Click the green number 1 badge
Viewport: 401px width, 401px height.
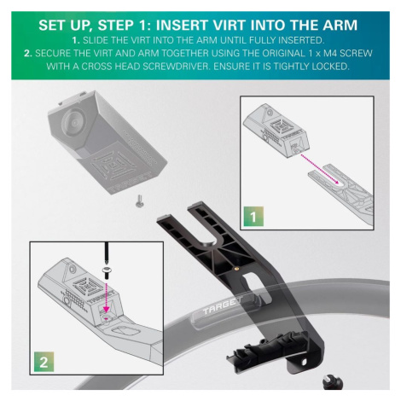click(x=253, y=217)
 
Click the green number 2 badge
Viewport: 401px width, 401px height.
click(x=44, y=362)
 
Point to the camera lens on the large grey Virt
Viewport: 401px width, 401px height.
click(x=73, y=122)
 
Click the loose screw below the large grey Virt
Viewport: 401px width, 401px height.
click(x=139, y=200)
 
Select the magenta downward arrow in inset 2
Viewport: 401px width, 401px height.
click(x=107, y=297)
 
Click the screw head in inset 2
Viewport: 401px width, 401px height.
click(x=107, y=271)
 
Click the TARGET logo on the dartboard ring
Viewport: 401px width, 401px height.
click(x=223, y=306)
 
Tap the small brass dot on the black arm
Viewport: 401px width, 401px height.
click(x=237, y=267)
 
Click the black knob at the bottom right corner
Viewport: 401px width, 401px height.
click(x=333, y=382)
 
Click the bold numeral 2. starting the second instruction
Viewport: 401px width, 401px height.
click(x=28, y=53)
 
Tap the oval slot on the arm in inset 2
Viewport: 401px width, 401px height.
click(x=125, y=331)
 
